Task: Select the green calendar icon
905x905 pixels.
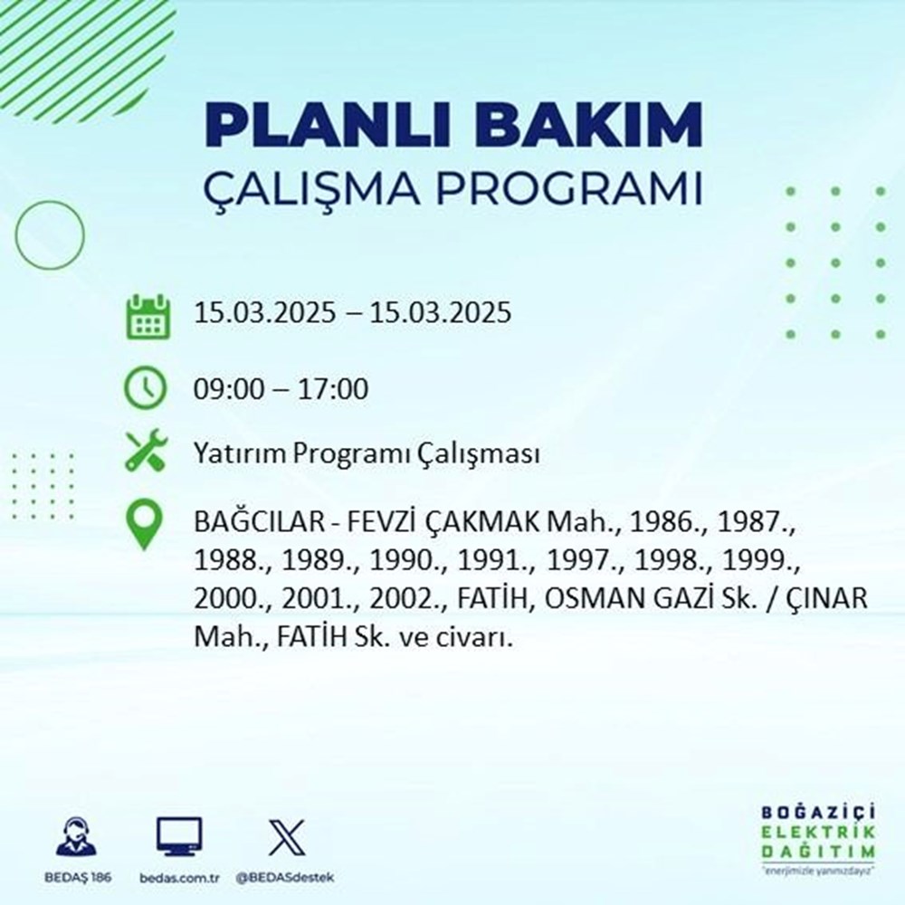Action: click(146, 316)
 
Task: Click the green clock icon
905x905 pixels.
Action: click(146, 389)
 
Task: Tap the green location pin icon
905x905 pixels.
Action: click(146, 527)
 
